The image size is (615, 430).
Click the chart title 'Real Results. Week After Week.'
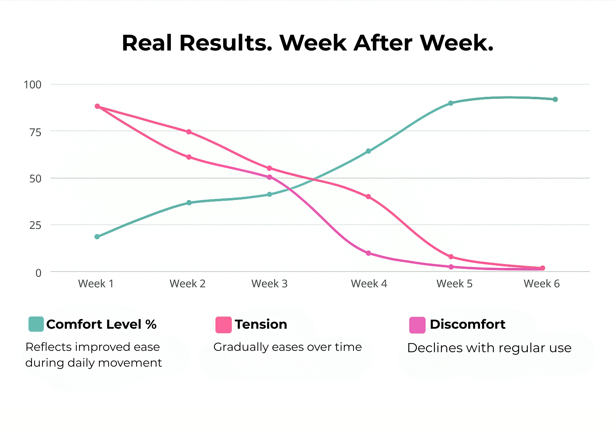pos(307,43)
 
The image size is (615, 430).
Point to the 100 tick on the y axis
pos(33,85)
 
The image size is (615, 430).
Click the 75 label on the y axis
pos(35,132)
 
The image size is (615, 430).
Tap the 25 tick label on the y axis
pos(35,226)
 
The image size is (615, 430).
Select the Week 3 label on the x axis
pos(269,284)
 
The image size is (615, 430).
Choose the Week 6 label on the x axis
pos(541,284)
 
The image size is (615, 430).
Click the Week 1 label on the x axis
pos(96,284)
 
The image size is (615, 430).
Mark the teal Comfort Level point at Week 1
pos(97,237)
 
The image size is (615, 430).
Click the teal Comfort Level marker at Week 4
pos(368,151)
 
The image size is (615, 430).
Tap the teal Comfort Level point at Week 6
pos(555,99)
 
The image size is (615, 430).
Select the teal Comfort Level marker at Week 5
pos(451,103)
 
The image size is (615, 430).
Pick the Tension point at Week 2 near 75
pos(189,132)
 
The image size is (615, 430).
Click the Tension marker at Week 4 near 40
pos(368,197)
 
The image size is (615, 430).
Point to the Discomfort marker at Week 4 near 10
pos(368,253)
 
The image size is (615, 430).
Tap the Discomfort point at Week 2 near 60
pos(189,157)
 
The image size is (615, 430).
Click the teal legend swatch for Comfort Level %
pos(36,324)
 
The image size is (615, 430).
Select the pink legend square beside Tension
pos(223,325)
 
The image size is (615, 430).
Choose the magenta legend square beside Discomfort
pos(417,325)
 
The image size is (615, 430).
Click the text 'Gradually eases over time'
pos(288,347)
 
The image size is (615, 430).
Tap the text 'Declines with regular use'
pos(489,348)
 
